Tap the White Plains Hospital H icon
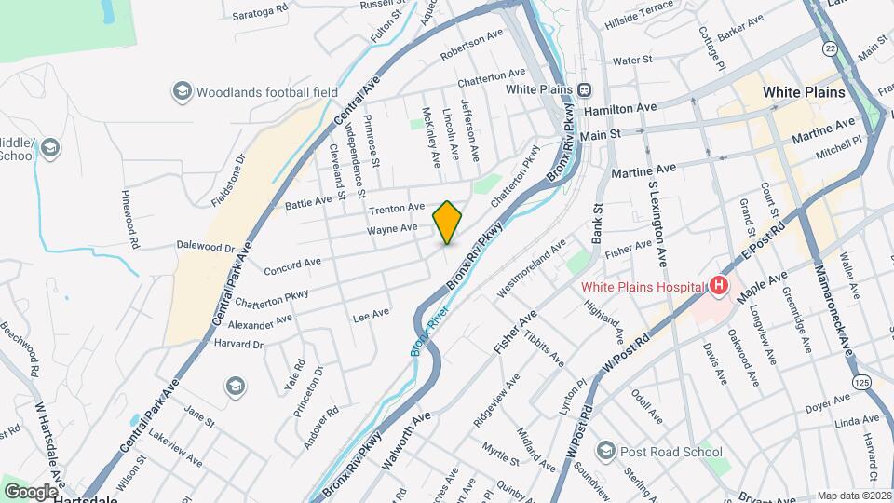pos(718,286)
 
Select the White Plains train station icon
pos(584,90)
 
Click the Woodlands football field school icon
pos(181,91)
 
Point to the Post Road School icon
pos(605,452)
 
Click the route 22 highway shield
pos(828,47)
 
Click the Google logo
pos(30,491)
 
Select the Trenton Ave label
pos(397,207)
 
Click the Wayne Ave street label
pos(391,228)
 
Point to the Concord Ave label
pos(292,266)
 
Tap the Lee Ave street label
pos(371,316)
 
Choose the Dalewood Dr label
pos(205,248)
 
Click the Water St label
pos(631,61)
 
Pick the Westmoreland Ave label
pos(531,267)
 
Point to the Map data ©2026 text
pos(853,496)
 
